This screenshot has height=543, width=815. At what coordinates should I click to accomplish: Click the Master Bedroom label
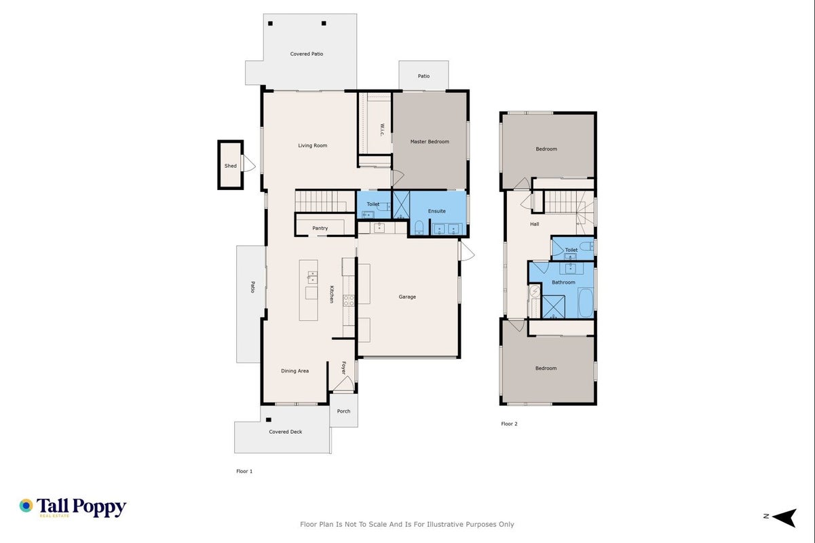pyautogui.click(x=430, y=142)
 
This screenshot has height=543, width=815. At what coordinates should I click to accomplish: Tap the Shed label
pyautogui.click(x=230, y=166)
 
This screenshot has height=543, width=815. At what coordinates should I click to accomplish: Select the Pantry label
pyautogui.click(x=320, y=228)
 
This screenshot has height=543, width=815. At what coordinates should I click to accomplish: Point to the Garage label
pyautogui.click(x=407, y=297)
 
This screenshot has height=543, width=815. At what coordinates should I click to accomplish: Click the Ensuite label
pyautogui.click(x=436, y=211)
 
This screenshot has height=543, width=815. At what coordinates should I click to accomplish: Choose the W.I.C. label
pyautogui.click(x=382, y=130)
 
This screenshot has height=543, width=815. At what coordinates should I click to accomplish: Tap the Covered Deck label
pyautogui.click(x=286, y=432)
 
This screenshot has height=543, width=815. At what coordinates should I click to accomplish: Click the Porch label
pyautogui.click(x=343, y=411)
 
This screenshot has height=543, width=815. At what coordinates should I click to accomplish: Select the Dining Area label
pyautogui.click(x=295, y=371)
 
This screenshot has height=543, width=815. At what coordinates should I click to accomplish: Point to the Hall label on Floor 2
pyautogui.click(x=535, y=224)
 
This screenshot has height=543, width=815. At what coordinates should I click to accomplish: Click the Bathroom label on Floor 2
pyautogui.click(x=563, y=282)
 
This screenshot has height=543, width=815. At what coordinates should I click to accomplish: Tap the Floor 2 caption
pyautogui.click(x=509, y=424)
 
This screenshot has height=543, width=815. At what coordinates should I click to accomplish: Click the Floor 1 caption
pyautogui.click(x=244, y=471)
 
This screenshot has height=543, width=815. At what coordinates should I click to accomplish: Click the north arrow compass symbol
pyautogui.click(x=785, y=517)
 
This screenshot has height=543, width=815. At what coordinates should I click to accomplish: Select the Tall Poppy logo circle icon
pyautogui.click(x=26, y=506)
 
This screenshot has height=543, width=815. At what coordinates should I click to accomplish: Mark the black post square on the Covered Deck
pyautogui.click(x=269, y=419)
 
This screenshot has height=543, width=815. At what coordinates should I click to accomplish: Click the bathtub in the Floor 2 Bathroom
pyautogui.click(x=586, y=303)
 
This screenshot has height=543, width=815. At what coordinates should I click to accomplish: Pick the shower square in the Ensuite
pyautogui.click(x=401, y=205)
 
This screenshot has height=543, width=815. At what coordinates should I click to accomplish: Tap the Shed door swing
pyautogui.click(x=249, y=164)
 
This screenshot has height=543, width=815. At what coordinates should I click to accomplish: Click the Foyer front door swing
pyautogui.click(x=343, y=383)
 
